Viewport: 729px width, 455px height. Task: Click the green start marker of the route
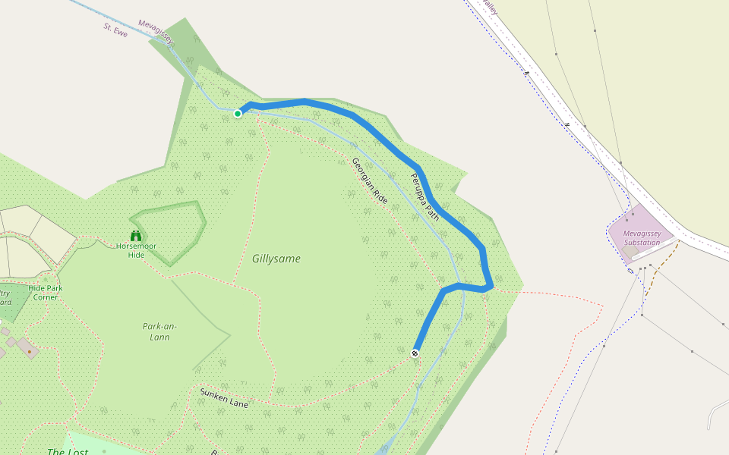[238, 114]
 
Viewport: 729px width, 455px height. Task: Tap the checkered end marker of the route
[415, 353]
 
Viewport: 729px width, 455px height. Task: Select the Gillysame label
[276, 259]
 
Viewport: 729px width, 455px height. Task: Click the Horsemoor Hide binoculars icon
[136, 235]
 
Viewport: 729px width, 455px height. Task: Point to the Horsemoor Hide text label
[136, 250]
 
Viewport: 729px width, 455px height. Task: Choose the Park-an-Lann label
[159, 331]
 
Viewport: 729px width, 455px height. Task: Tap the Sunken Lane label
[224, 398]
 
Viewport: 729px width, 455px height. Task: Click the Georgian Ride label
[370, 181]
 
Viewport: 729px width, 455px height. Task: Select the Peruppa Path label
[424, 193]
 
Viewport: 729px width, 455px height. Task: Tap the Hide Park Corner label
[45, 293]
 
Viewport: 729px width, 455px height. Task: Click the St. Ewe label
[115, 30]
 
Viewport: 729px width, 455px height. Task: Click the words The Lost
[67, 451]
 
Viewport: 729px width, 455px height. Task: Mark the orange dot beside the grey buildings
[30, 352]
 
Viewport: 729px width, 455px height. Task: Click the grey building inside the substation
[631, 250]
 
